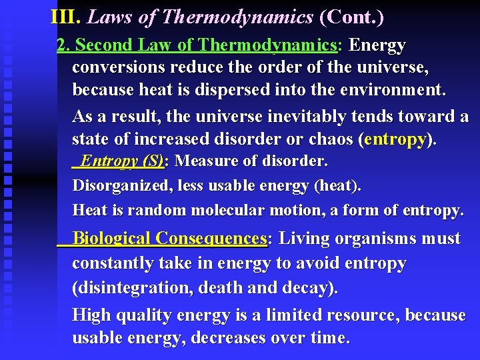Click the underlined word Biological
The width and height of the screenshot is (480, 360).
point(111,239)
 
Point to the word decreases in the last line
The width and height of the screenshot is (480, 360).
point(228,338)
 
